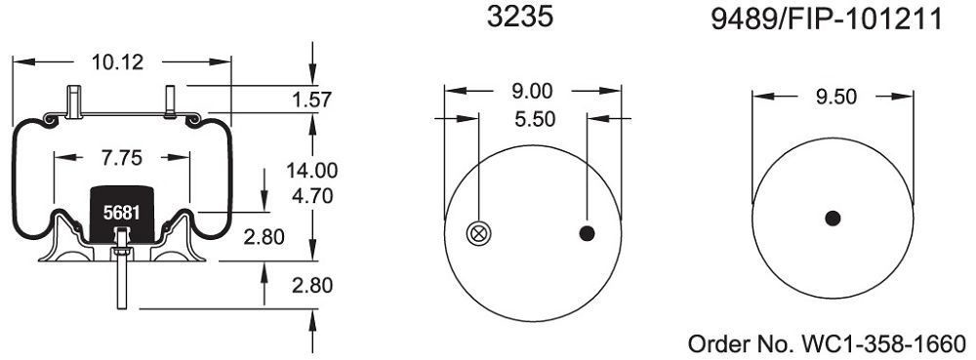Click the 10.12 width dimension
[117, 63]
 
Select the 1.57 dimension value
[312, 99]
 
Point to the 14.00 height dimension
[311, 169]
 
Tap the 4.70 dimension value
[311, 195]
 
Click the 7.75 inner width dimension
[120, 155]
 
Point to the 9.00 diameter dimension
[532, 92]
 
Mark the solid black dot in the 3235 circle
[588, 232]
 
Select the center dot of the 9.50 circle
[833, 219]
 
